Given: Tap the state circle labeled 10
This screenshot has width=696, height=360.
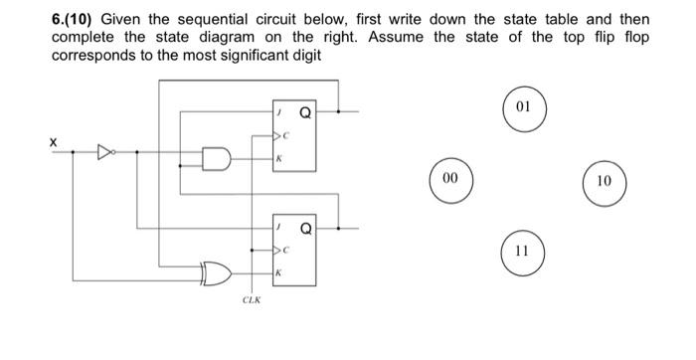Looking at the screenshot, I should click(x=606, y=183).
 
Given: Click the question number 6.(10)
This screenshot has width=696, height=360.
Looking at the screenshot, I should click(x=78, y=20).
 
